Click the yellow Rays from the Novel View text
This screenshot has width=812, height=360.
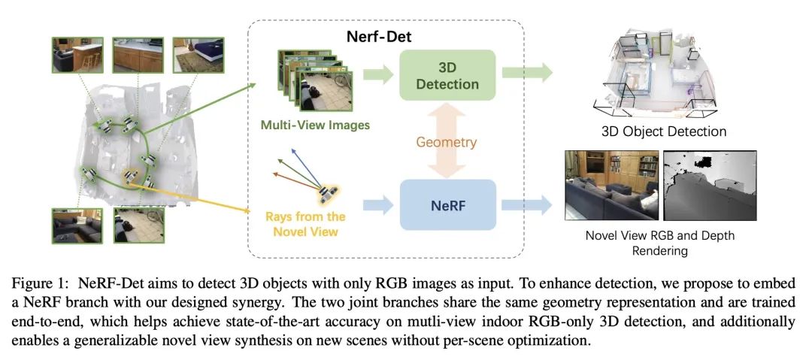click(305, 224)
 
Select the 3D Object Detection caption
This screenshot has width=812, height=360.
click(664, 132)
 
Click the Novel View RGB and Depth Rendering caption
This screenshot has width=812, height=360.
click(659, 243)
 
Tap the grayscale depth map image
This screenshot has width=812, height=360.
click(710, 184)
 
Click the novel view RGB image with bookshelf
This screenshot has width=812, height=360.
click(611, 184)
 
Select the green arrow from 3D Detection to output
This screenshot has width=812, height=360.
click(527, 73)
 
